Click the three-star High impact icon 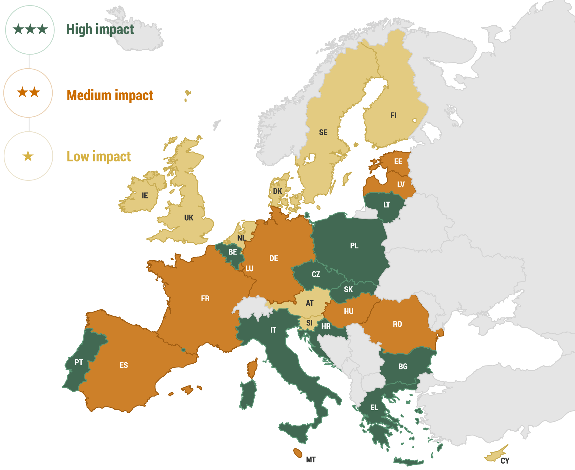click(x=30, y=30)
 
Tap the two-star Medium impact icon click(x=28, y=92)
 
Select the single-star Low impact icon click(x=28, y=156)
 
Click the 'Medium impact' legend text click(x=110, y=95)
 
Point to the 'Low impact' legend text click(x=99, y=157)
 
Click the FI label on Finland click(x=393, y=116)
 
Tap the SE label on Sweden click(x=323, y=132)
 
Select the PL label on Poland click(x=354, y=246)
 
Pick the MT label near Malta click(x=311, y=460)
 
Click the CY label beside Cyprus click(x=505, y=461)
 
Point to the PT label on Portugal click(x=79, y=362)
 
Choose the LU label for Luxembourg click(x=249, y=269)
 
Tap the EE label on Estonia click(x=398, y=162)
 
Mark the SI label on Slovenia click(x=309, y=323)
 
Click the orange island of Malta click(x=298, y=453)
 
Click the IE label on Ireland click(x=145, y=196)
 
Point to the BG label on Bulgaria click(x=403, y=367)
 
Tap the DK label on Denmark click(x=277, y=191)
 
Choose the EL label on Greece click(x=374, y=408)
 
